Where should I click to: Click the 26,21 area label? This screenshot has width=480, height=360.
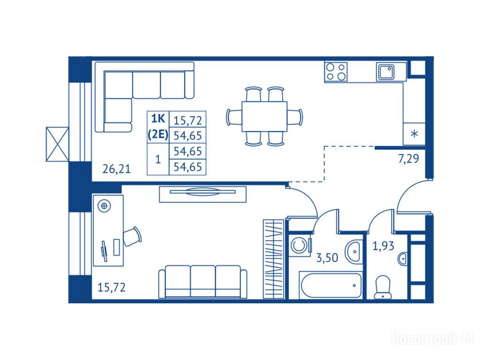(x=116, y=169)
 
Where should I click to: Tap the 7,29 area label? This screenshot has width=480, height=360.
(x=408, y=159)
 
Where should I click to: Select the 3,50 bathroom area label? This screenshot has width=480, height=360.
(x=327, y=258)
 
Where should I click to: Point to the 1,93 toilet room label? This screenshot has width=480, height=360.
(x=383, y=246)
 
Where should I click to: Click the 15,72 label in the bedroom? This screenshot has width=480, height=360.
(x=112, y=287)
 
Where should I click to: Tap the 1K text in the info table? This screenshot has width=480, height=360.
(x=158, y=118)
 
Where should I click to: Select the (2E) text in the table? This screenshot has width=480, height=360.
(x=158, y=135)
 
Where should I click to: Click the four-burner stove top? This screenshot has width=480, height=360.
(x=336, y=71)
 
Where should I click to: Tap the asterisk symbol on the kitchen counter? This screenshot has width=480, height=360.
(x=414, y=134)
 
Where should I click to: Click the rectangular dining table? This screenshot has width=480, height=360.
(x=264, y=117)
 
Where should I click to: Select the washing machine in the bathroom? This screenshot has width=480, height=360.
(x=300, y=245)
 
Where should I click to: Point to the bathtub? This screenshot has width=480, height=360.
(x=331, y=285)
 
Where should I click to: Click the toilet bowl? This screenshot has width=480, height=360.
(x=382, y=287)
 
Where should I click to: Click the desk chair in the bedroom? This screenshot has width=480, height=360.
(x=133, y=236)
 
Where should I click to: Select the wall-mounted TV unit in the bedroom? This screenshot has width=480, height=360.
(x=202, y=194)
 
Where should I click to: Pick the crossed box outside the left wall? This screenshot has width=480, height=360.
(x=58, y=144)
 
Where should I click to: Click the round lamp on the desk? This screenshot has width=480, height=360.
(x=104, y=206)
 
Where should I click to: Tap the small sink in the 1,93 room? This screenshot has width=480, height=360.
(x=403, y=259)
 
